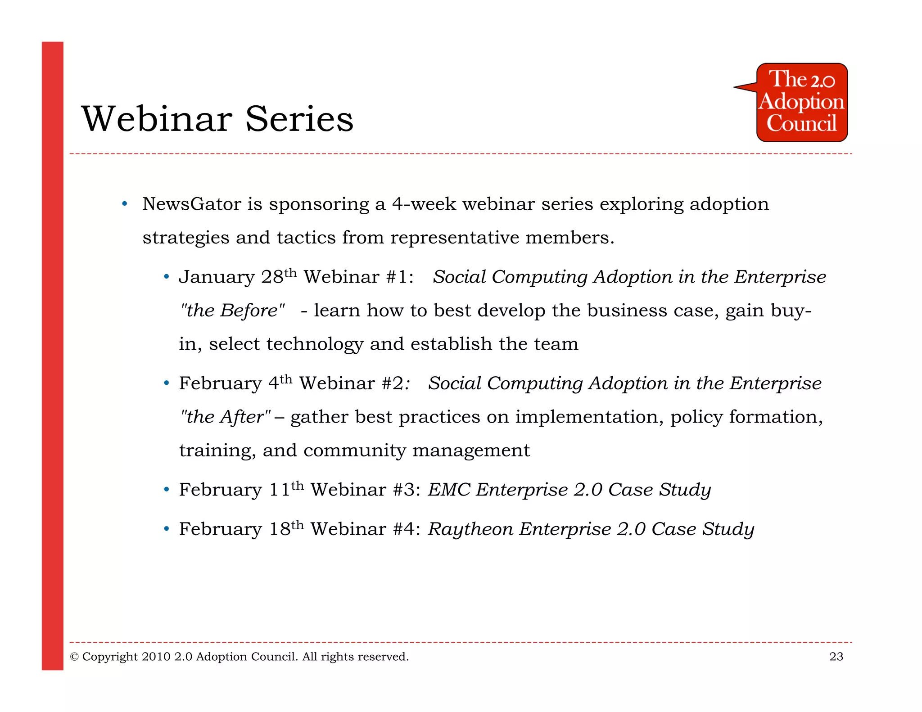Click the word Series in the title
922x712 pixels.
point(299,119)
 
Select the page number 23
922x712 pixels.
point(836,657)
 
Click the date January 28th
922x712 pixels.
point(238,276)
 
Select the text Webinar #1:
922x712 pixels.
point(358,277)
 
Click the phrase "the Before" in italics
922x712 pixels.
point(232,311)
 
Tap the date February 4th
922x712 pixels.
point(235,383)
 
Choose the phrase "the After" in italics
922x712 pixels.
point(225,417)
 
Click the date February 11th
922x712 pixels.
point(241,489)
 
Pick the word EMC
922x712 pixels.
point(449,490)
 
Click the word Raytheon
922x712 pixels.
point(470,529)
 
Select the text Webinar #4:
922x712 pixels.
point(365,529)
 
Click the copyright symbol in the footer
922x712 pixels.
point(74,657)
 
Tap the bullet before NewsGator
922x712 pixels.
point(125,204)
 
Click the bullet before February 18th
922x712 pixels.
point(166,529)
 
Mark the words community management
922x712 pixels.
point(416,451)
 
